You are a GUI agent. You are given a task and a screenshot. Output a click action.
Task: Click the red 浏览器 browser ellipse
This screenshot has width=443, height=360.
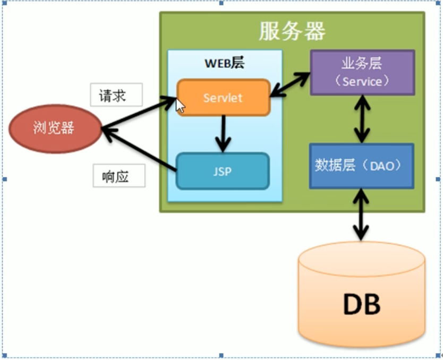pyautogui.click(x=54, y=127)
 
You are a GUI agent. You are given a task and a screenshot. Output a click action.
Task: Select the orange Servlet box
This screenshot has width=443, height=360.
pyautogui.click(x=223, y=98)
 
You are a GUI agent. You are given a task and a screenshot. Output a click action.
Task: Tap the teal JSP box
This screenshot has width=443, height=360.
pyautogui.click(x=223, y=172)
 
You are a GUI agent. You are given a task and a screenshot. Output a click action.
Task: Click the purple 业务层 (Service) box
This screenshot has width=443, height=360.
pyautogui.click(x=362, y=72)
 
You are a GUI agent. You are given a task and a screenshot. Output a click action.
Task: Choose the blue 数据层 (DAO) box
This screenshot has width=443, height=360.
pyautogui.click(x=361, y=165)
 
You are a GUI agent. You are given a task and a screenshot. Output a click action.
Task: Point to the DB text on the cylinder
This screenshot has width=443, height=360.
pyautogui.click(x=361, y=305)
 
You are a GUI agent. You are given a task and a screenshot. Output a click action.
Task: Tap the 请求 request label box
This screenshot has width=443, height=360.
pyautogui.click(x=116, y=96)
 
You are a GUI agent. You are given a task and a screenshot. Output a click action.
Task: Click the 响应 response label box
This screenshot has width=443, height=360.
pyautogui.click(x=119, y=176)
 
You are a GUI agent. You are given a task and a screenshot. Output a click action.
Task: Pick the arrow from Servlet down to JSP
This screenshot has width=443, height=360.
pyautogui.click(x=223, y=133)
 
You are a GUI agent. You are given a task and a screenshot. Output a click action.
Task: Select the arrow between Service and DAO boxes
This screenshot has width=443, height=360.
pyautogui.click(x=362, y=119)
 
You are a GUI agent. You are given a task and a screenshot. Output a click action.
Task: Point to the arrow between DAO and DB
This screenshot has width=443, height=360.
pyautogui.click(x=362, y=215)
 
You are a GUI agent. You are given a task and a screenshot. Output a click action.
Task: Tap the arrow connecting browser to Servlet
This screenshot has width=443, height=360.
pyautogui.click(x=139, y=114)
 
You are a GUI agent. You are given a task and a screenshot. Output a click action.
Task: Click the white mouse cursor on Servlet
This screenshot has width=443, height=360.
pyautogui.click(x=180, y=106)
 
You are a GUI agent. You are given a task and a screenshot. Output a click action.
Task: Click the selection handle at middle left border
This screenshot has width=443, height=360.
pyautogui.click(x=3, y=179)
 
